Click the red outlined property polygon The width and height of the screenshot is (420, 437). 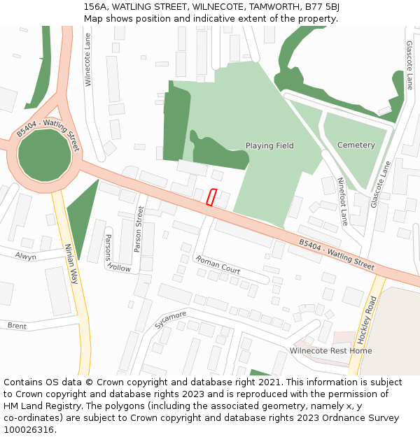coord(212,197)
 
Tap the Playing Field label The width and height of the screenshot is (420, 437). coord(269,145)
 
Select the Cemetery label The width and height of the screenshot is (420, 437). coord(356,145)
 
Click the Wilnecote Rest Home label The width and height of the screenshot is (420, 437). coord(330,350)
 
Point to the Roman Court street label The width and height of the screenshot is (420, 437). coord(218,264)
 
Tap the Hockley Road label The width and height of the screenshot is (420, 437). coord(367,319)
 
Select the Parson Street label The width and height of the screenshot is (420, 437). coord(139,229)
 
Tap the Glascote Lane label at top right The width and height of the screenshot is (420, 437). coord(409,64)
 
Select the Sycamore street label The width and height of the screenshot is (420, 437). coord(171,320)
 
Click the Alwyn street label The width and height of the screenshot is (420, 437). coord(26,257)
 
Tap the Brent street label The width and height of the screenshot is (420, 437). coord(17,326)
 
